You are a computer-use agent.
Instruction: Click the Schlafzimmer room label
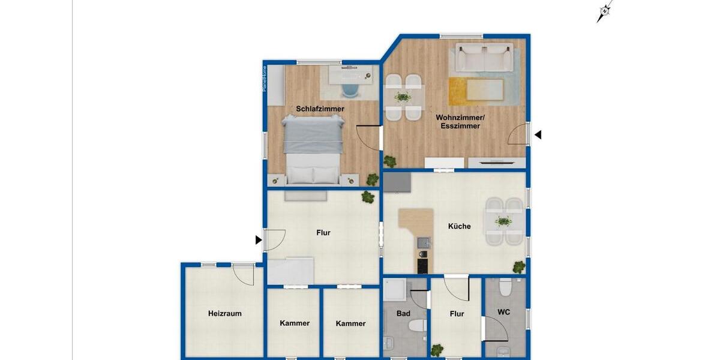320,109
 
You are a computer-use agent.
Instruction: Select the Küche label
460,227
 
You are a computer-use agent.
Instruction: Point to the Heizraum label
224,313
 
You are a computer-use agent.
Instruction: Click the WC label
504,313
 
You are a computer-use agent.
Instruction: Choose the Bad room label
403,313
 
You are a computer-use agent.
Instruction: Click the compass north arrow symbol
604,11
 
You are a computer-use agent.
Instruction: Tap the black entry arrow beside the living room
538,135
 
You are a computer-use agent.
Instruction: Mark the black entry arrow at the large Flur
259,240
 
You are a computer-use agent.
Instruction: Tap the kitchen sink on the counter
424,242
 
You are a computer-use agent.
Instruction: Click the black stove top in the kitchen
423,263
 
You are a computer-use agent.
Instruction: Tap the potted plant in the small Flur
437,349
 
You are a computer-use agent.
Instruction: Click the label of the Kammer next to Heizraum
295,323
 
